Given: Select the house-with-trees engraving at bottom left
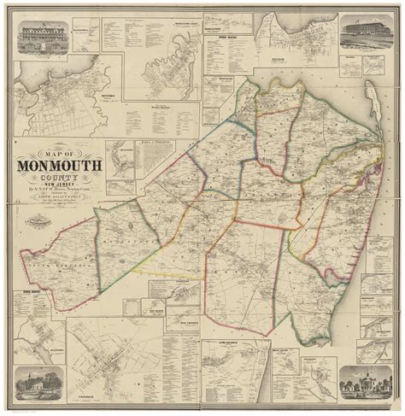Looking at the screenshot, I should coord(42,382).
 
